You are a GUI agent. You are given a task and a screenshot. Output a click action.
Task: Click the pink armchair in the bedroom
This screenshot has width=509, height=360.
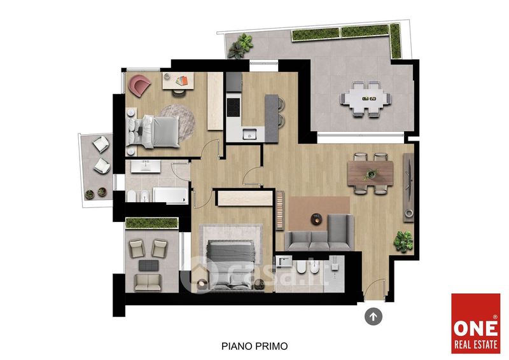coord(139,85)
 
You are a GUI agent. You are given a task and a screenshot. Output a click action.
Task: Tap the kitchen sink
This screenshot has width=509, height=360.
coord(249,134)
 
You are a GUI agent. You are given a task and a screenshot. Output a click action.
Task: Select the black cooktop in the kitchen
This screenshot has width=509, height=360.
coord(234,107)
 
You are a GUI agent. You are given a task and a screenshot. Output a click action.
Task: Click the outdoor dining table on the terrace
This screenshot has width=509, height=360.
coord(366,99)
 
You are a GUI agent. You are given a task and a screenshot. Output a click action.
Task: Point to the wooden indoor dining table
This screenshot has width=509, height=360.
coord(370,174)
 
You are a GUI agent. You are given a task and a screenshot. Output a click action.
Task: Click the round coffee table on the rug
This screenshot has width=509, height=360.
coord(316,219)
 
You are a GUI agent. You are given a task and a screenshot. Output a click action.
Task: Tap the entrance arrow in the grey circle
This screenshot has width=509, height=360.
coord(373,316)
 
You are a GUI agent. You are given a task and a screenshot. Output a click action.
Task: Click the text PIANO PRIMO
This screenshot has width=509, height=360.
coord(254,346)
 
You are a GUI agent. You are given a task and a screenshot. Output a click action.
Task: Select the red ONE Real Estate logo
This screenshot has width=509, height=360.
coord(475,323)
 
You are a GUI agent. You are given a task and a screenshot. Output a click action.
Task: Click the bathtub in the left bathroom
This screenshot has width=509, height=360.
coord(171,195)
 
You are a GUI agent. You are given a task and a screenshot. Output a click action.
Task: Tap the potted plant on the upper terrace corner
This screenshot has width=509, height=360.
coord(241,46)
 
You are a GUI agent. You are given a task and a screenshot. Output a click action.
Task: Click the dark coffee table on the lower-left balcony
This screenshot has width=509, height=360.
coord(149,265)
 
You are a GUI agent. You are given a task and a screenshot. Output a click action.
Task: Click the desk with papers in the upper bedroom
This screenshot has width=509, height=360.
coord(178,81)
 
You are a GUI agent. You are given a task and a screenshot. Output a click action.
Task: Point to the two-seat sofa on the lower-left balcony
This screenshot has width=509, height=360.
coord(148,282)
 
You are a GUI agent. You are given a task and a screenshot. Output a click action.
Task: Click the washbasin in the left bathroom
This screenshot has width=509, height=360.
coord(146,166)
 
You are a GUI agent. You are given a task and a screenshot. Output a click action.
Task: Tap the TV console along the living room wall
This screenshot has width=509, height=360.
coord(408,188)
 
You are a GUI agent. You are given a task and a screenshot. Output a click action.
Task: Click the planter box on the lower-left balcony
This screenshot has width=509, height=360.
coord(151,223)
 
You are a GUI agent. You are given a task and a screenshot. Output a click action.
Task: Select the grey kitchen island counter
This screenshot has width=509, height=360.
coord(272,118)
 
